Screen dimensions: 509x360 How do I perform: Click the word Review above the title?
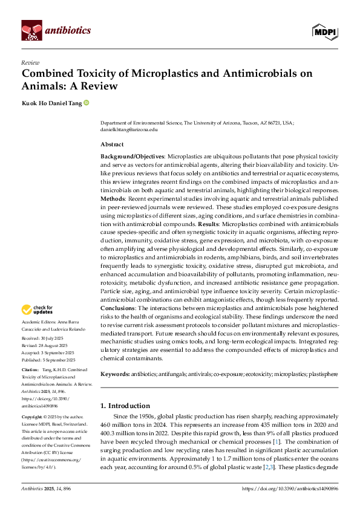30,62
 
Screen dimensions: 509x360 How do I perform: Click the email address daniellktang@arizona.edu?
129,129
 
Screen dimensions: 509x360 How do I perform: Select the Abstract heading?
112,144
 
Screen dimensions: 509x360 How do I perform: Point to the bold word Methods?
114,197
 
